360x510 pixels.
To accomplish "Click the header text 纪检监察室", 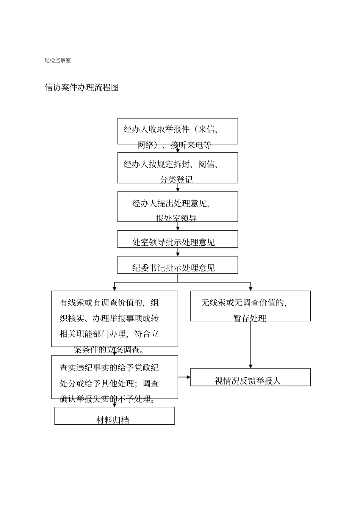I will [58, 60].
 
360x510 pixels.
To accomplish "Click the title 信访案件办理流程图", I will [82, 88].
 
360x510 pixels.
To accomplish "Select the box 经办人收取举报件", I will [177, 131].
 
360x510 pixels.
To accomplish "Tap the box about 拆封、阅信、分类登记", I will [177, 168].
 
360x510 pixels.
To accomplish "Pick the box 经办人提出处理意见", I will [177, 206].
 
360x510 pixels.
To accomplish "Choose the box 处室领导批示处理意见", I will [177, 239].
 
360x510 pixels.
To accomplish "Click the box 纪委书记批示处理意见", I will [177, 265].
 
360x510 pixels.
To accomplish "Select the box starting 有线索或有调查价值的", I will [114, 319].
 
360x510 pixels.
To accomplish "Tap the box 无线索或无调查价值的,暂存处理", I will [250, 306].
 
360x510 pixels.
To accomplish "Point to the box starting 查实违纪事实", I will [114, 377].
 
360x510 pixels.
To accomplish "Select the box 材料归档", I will [114, 416].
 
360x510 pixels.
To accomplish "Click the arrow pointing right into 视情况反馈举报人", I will [184, 377].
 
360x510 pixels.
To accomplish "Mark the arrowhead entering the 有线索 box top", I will [114, 289].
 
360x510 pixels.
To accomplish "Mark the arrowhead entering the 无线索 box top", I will [250, 289].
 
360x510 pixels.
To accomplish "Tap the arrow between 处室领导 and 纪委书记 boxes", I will [178, 252].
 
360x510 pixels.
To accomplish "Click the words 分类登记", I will [176, 179].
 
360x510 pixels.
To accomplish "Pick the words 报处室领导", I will [176, 218].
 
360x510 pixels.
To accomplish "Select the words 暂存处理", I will [250, 319].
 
